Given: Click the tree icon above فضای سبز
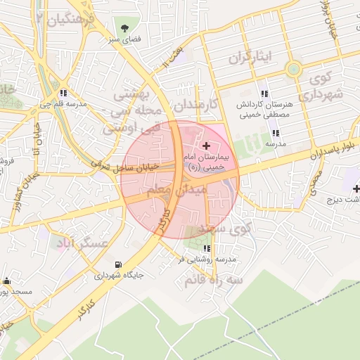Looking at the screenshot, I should [x=124, y=29].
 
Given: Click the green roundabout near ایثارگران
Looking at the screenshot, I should [x=293, y=69].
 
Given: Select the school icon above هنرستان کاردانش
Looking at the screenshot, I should [x=264, y=94].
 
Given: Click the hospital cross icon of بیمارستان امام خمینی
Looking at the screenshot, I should [x=206, y=146].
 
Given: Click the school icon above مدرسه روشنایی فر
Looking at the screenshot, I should [x=206, y=248].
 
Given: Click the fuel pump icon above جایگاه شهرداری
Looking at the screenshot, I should [x=117, y=264].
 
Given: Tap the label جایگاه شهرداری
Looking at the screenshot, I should [x=120, y=276].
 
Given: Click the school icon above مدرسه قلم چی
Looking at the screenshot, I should [x=63, y=93].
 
